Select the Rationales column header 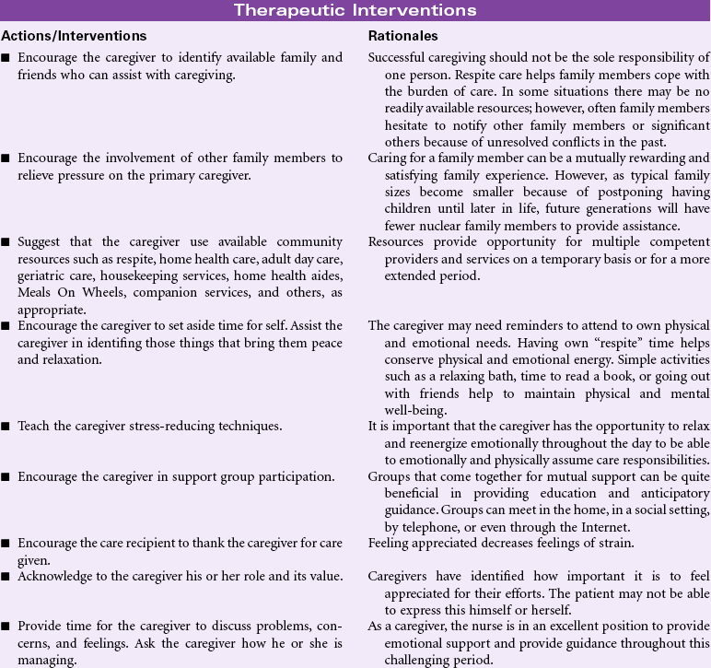(x=402, y=36)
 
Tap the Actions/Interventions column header (x=75, y=36)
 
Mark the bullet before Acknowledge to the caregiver (x=6, y=576)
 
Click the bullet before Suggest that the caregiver (x=6, y=242)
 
